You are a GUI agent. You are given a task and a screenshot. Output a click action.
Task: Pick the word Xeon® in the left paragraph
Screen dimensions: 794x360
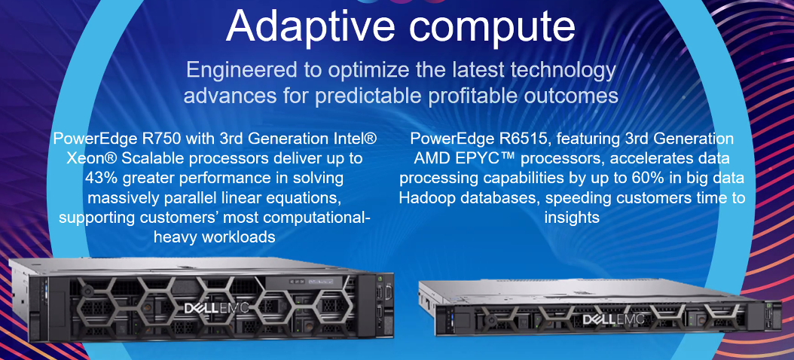pyautogui.click(x=92, y=158)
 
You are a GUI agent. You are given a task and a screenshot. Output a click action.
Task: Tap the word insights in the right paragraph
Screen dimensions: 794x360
pyautogui.click(x=572, y=218)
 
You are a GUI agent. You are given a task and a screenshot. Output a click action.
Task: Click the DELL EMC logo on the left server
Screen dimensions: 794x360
pyautogui.click(x=217, y=308)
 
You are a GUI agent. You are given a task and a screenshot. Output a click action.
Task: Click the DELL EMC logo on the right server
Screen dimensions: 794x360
pyautogui.click(x=614, y=320)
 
